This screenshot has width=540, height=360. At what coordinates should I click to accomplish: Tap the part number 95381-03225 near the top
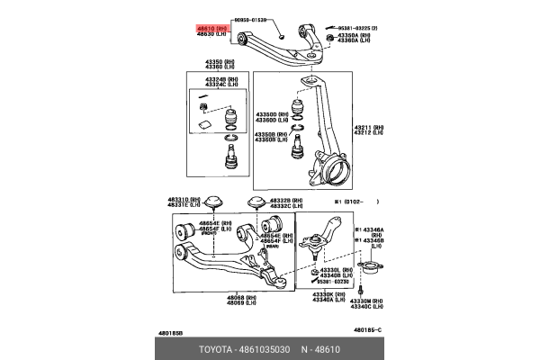(354, 29)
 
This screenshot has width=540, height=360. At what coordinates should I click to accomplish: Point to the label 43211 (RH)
(365, 128)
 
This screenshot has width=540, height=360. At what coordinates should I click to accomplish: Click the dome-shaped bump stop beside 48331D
(214, 202)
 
